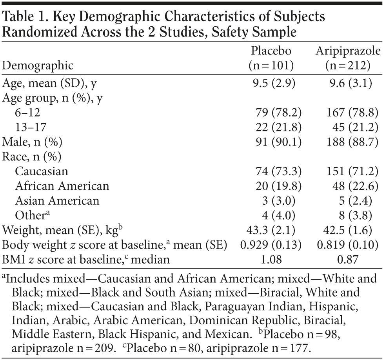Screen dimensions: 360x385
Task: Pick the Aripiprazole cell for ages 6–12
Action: point(352,113)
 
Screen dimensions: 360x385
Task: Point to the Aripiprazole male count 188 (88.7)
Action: point(352,142)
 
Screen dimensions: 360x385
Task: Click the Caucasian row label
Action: point(42,171)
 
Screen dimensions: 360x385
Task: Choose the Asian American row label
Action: point(57,200)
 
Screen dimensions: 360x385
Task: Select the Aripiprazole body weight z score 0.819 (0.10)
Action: point(348,245)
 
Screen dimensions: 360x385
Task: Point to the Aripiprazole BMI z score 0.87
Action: point(348,259)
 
